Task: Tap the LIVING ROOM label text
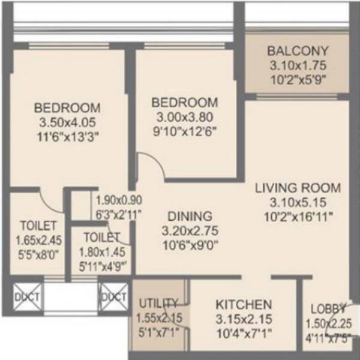click(298, 187)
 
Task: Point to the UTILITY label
click(158, 302)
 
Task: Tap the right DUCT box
click(113, 296)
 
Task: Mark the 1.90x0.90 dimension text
click(119, 200)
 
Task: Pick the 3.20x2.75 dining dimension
click(190, 230)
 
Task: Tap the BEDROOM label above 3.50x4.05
click(67, 108)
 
